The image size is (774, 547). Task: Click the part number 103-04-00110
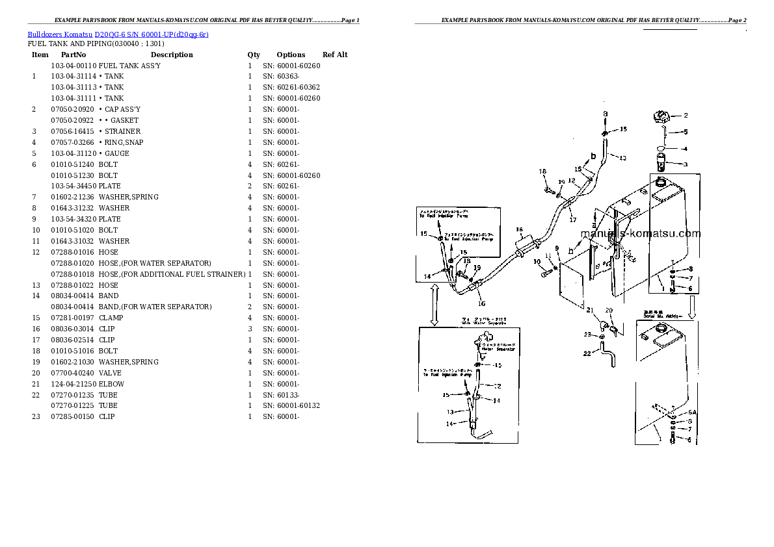coord(73,66)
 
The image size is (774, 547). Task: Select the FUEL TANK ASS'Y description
coord(129,66)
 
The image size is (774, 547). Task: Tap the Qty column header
coord(254,55)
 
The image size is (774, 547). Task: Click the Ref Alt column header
coord(335,55)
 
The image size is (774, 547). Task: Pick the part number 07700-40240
coord(73,373)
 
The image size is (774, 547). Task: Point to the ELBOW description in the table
coord(111,384)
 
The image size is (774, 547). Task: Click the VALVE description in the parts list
coord(110,373)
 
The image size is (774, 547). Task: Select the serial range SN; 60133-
coord(281,395)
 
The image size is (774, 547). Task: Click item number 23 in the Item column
coord(36,417)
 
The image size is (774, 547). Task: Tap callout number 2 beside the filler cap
coord(685,116)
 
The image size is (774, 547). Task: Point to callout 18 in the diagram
coord(542,172)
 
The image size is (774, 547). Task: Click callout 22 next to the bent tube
coord(587,354)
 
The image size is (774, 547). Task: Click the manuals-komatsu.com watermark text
coord(640,235)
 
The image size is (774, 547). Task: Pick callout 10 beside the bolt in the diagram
coord(537,262)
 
